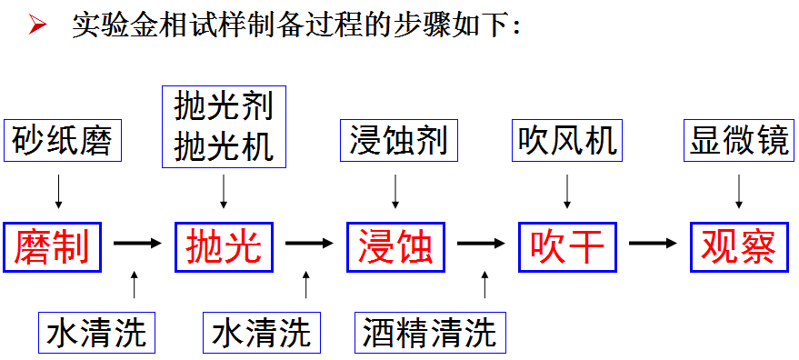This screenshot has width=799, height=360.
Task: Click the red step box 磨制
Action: pos(52,245)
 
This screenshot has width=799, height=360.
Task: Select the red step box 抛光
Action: pos(224,245)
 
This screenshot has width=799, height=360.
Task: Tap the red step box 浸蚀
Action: pos(395,245)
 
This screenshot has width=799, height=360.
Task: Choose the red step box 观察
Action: pos(738,245)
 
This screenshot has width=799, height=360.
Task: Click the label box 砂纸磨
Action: pos(61,141)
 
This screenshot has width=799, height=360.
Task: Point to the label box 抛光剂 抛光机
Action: pos(224,126)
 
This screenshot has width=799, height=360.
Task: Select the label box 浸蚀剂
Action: pos(397,141)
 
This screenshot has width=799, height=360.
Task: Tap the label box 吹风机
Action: pos(567,141)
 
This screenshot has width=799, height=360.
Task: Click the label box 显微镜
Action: pos(738,141)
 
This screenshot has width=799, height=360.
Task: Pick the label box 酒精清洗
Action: pos(429,332)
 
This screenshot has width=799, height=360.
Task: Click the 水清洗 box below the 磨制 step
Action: pos(95,332)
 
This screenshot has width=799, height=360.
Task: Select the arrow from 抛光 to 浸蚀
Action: pos(309,245)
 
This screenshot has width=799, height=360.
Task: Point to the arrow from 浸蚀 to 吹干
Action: pos(481,245)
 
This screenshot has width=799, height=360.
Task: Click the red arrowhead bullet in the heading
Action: pos(36,25)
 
